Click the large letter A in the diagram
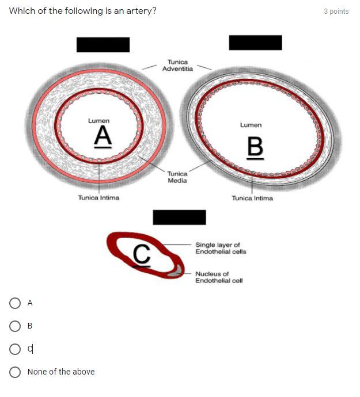point(102,136)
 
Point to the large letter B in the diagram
point(255,147)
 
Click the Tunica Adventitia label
point(177,65)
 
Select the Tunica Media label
point(177,177)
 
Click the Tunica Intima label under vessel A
point(98,198)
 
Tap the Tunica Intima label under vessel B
point(252,199)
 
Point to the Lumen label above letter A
point(98,121)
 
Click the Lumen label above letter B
point(251,125)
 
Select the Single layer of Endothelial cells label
point(221,248)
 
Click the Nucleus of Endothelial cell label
point(219,277)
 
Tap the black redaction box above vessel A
point(103,44)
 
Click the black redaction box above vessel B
point(255,43)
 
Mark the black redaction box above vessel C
point(179,217)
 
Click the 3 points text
point(336,11)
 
